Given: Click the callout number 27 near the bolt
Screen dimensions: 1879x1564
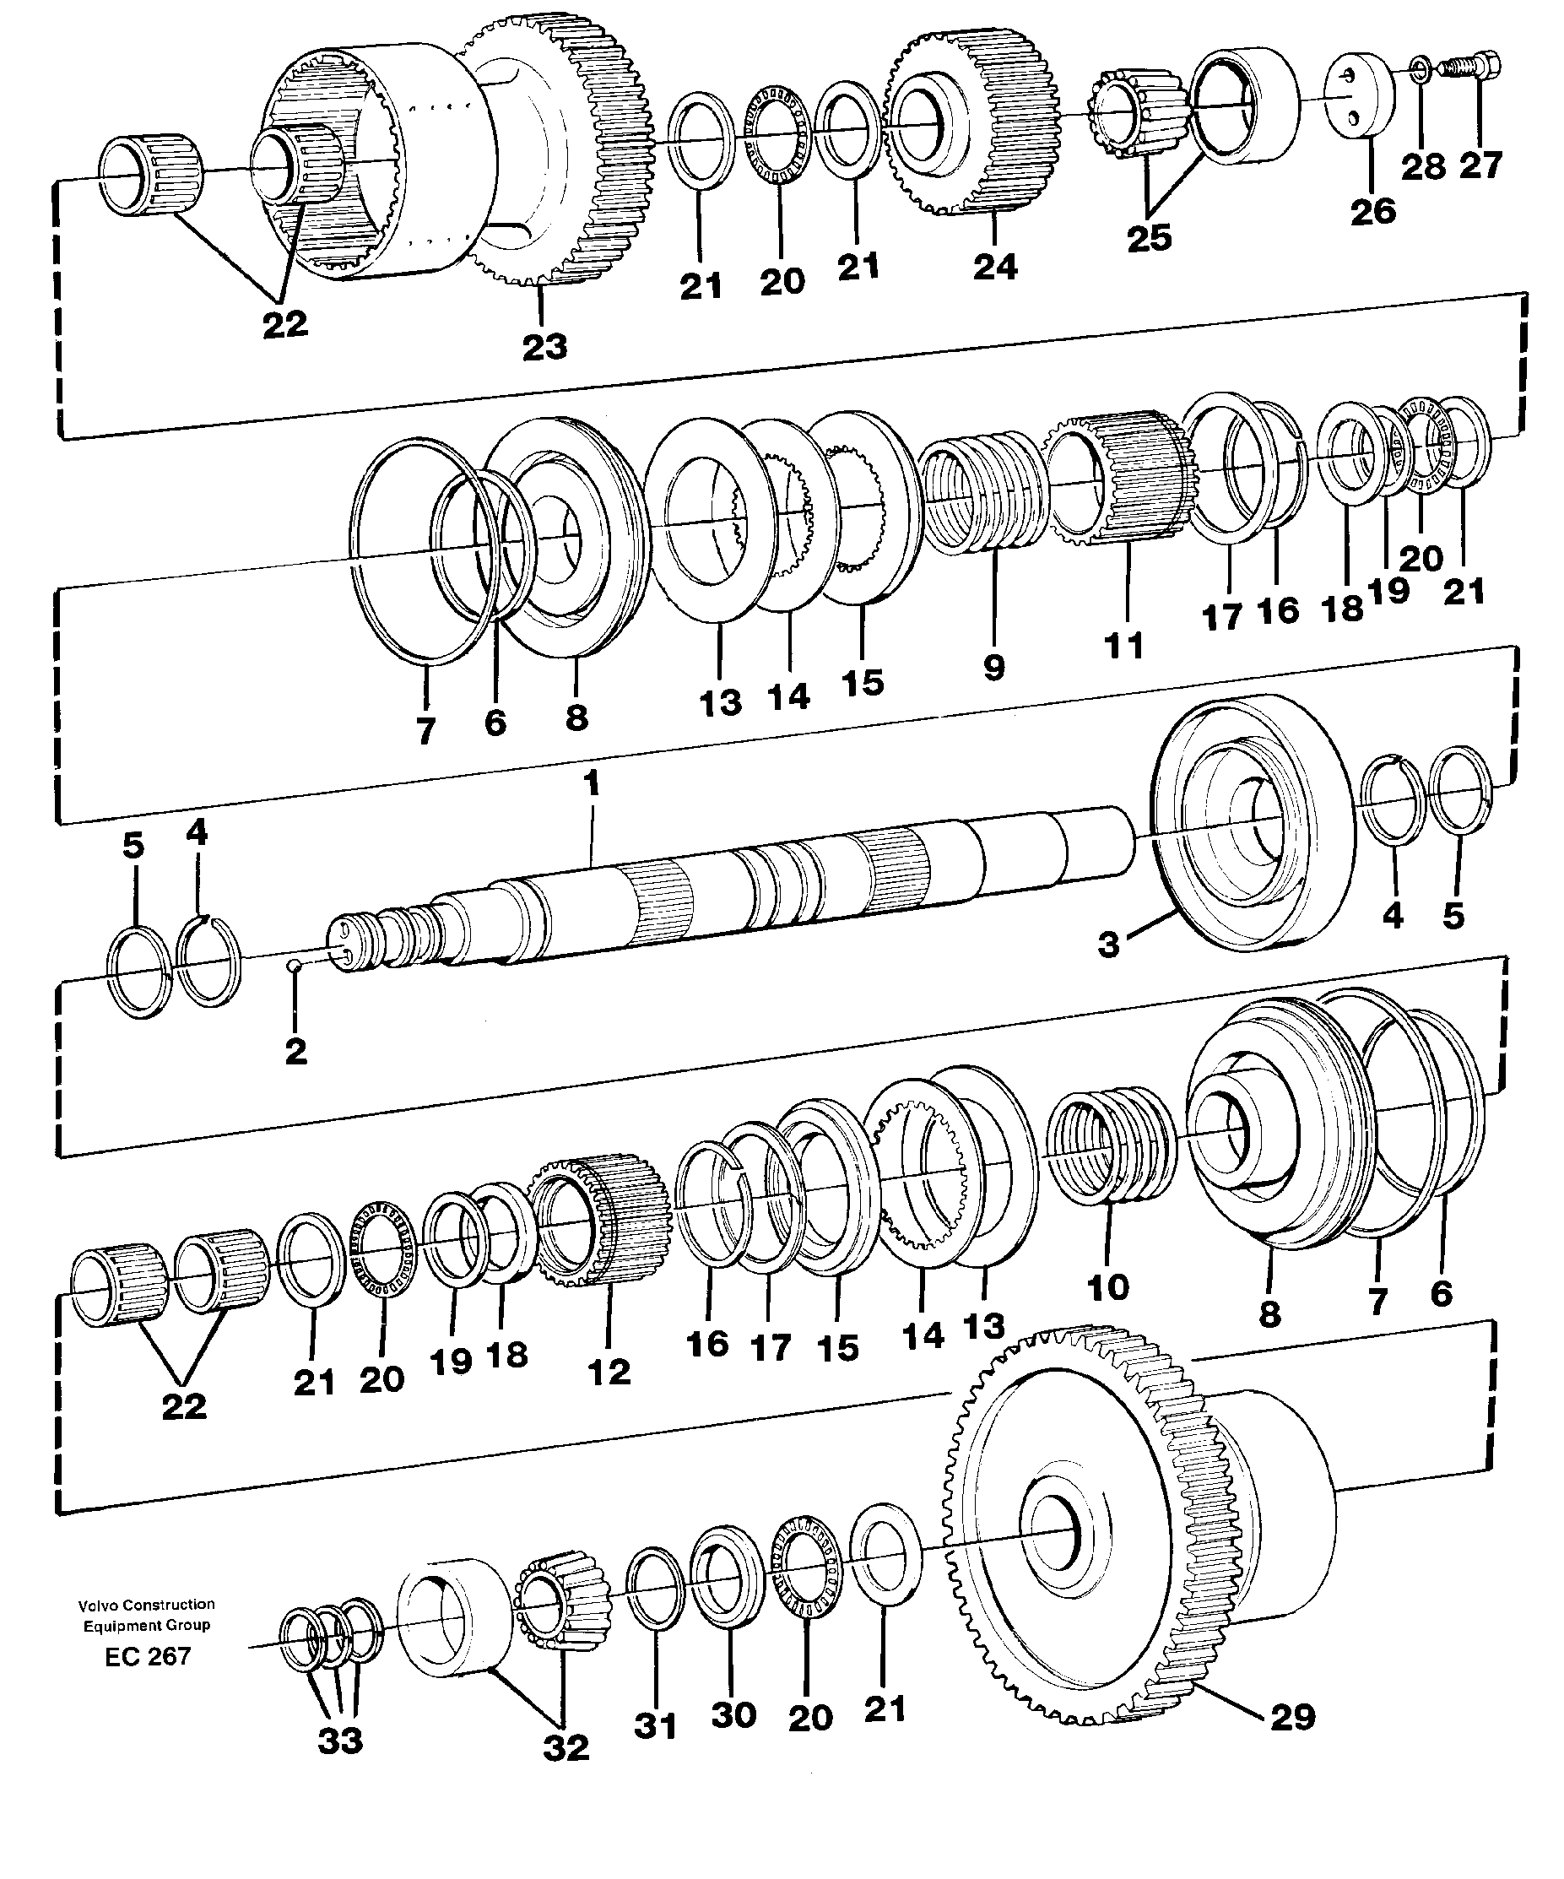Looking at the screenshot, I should (x=1480, y=165).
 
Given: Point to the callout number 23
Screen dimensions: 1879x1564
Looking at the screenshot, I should (x=544, y=347).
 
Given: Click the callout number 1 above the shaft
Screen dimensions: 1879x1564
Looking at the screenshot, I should (x=591, y=784).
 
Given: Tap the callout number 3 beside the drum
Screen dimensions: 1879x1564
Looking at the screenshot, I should (x=1108, y=944).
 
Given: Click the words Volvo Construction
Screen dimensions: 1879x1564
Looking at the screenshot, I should (x=147, y=1605).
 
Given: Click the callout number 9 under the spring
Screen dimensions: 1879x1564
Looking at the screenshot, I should (x=994, y=667).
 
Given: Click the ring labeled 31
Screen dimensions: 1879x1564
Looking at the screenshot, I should (x=655, y=1586).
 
